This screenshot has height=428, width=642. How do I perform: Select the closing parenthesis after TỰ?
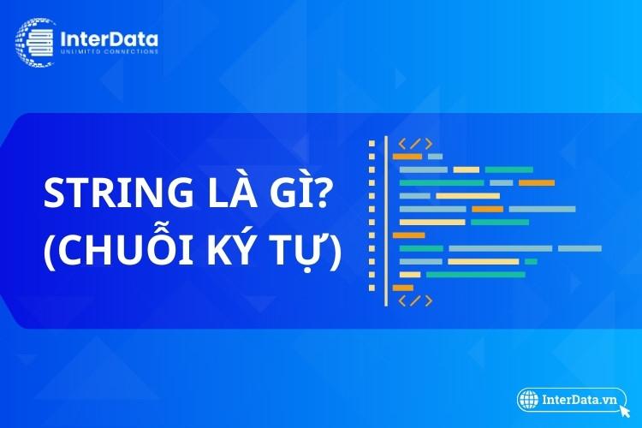click(335, 251)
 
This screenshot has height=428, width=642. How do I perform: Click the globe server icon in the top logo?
click(35, 42)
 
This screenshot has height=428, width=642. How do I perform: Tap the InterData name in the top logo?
click(109, 39)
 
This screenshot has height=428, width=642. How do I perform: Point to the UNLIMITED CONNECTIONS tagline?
click(110, 51)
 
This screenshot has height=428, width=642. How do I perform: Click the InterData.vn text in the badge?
click(579, 400)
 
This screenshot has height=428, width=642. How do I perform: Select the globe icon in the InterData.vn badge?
click(528, 400)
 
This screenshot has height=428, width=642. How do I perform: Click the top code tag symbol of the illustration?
click(415, 144)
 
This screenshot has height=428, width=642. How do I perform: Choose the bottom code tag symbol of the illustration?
click(415, 300)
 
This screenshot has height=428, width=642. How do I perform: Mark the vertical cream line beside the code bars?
click(386, 221)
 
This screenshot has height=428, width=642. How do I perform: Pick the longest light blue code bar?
click(501, 248)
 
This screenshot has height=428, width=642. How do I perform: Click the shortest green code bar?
click(531, 261)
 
